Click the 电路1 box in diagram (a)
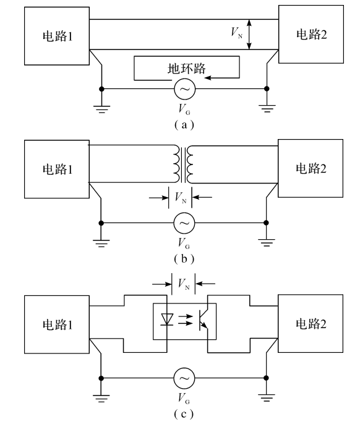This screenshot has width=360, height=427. click(57, 36)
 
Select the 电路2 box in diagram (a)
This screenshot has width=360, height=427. click(311, 35)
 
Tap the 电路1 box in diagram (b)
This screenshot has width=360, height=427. click(57, 169)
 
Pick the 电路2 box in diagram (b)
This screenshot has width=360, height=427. click(311, 168)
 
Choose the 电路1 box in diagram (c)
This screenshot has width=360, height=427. click(57, 324)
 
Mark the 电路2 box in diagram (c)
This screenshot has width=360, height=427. click(311, 324)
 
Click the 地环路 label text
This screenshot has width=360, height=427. click(187, 68)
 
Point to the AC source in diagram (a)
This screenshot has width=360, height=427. click(185, 89)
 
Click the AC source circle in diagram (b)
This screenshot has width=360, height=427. click(184, 223)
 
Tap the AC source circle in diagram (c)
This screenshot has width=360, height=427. click(184, 378)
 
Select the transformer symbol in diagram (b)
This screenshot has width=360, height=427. click(184, 164)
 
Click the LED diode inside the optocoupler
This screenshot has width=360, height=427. click(167, 319)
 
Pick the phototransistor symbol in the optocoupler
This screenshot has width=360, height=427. click(204, 319)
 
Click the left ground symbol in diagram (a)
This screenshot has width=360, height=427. click(101, 109)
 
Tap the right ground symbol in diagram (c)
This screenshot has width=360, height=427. click(267, 397)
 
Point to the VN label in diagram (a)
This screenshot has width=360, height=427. click(236, 33)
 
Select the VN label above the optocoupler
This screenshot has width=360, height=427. click(184, 284)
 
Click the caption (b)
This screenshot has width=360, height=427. click(184, 259)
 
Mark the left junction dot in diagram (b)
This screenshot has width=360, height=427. click(101, 223)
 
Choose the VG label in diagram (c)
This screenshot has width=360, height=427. click(184, 399)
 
